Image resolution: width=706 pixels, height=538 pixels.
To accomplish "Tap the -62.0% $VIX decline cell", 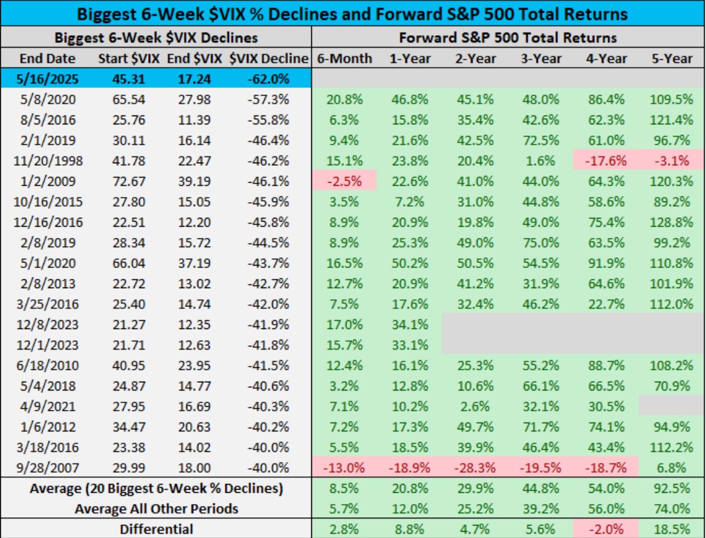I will pos(269,80).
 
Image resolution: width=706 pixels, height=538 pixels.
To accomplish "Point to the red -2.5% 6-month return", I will pos(345,181).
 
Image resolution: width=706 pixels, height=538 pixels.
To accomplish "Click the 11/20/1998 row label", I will pos(48,161).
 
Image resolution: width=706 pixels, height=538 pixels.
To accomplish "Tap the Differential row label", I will pos(157,529).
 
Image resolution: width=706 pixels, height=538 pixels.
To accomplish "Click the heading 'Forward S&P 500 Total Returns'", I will pos(508,37).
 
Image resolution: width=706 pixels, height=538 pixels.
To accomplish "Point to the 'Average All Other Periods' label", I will pos(157,508).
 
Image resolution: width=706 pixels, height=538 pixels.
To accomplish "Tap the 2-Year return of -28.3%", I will pos(475,467).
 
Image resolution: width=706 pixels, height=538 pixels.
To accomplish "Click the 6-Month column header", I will pos(345,58).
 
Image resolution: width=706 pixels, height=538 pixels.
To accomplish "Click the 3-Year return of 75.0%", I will pos(540,242).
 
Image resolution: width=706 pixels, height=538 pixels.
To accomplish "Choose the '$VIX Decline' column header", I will pos(269,58).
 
